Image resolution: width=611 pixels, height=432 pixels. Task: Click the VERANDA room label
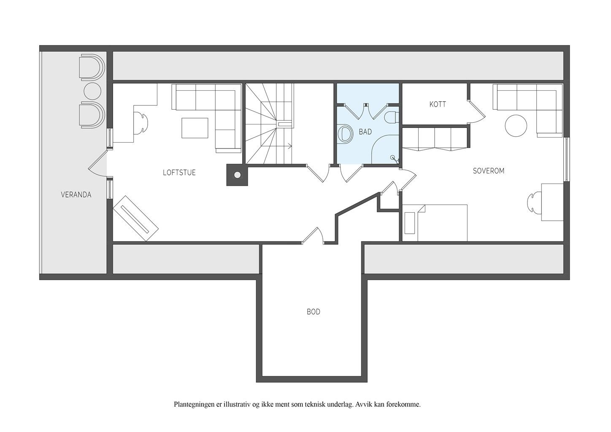[x=76, y=195]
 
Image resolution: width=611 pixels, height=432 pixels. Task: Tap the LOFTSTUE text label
[x=179, y=173]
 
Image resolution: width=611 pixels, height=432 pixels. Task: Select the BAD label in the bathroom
[x=365, y=132]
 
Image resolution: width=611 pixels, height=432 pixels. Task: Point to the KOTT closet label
[x=438, y=104]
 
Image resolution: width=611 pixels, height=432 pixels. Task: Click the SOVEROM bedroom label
[x=489, y=171]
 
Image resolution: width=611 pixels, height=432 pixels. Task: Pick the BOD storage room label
[x=314, y=312]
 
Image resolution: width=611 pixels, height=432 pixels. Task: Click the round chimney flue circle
[x=237, y=175]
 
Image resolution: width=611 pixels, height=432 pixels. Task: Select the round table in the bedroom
[x=516, y=126]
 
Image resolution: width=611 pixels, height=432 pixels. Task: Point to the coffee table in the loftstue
[x=195, y=128]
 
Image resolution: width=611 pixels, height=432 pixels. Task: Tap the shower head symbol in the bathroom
[x=395, y=159]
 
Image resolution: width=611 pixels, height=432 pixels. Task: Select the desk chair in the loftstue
[x=141, y=123]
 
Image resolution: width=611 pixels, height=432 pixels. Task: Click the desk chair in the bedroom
[x=534, y=202]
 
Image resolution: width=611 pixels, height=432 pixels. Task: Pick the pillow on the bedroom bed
[x=411, y=222]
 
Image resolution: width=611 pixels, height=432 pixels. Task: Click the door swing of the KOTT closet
[x=476, y=112]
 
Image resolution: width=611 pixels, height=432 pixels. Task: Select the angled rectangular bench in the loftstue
[x=135, y=219]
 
